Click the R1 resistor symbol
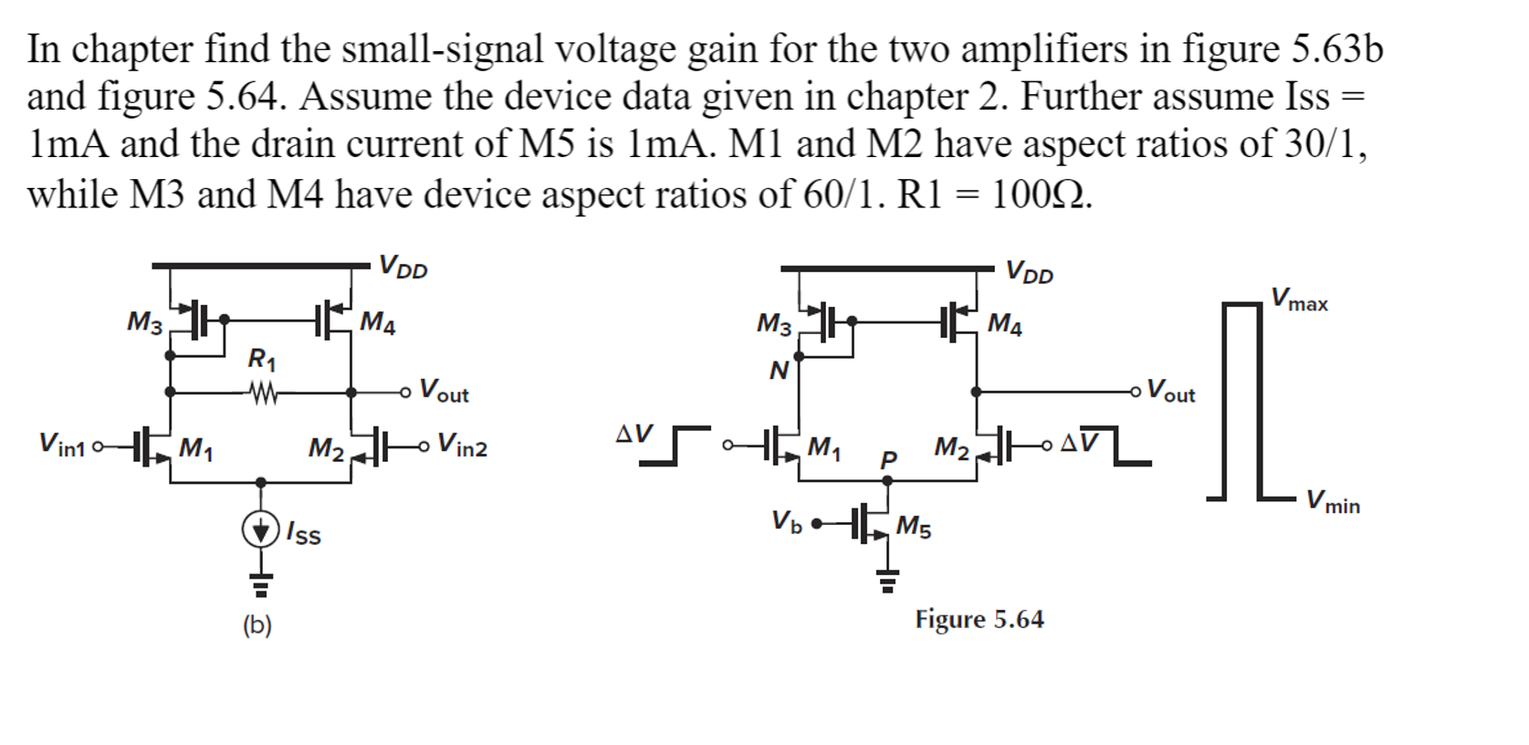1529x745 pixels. (x=263, y=393)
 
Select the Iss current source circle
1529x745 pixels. (x=260, y=530)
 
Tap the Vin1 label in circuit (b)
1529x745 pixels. (x=61, y=445)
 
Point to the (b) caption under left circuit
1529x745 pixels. (x=257, y=625)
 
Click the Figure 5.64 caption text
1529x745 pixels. (x=979, y=619)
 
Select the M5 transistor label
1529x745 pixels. (x=914, y=526)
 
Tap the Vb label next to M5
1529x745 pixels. (x=786, y=521)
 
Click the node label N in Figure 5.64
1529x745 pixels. (x=778, y=371)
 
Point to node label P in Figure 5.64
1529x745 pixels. (x=888, y=460)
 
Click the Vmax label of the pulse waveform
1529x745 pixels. (x=1300, y=299)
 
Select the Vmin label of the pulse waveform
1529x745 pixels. (x=1333, y=501)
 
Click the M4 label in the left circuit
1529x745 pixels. (x=377, y=322)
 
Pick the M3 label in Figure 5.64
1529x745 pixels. (x=774, y=324)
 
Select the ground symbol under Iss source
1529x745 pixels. (x=261, y=581)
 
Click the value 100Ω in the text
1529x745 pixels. (x=1041, y=194)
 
